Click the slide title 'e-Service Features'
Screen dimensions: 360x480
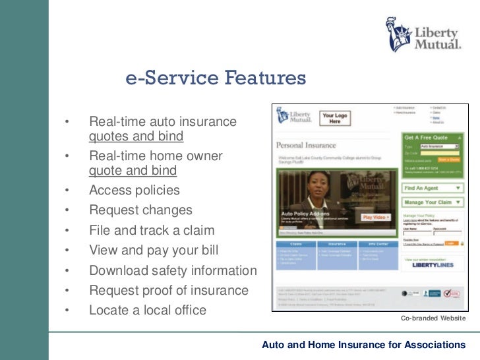point(216,79)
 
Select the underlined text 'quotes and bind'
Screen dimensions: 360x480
point(136,136)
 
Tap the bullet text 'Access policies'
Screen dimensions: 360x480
point(134,191)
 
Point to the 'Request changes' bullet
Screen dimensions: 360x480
point(140,210)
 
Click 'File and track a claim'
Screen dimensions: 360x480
point(152,231)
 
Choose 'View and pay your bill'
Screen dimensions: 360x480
point(153,251)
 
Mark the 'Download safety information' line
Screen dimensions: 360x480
point(173,270)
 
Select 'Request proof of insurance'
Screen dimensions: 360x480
point(169,290)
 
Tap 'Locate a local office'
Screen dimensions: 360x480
point(148,310)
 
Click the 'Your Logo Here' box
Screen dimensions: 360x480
point(335,119)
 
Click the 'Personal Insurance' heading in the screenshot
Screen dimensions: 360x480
point(306,145)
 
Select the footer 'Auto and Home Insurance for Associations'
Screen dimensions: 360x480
point(363,345)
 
